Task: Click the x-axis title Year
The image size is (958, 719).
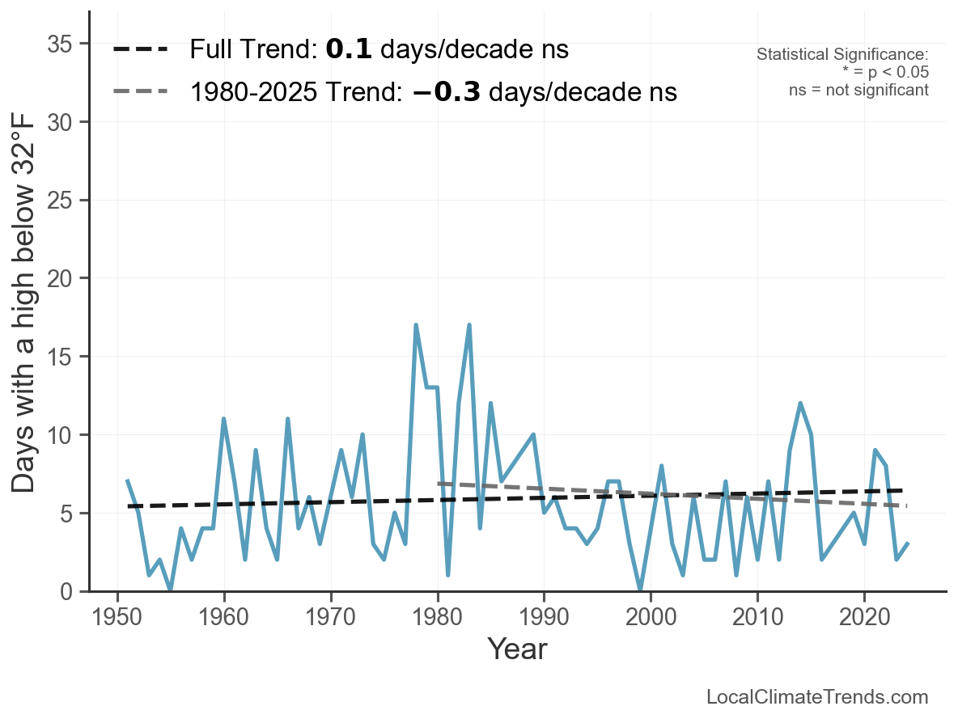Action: (x=517, y=649)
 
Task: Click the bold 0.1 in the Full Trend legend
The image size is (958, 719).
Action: (x=349, y=50)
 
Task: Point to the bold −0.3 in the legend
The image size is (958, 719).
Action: (x=446, y=92)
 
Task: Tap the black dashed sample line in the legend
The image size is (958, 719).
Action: (x=140, y=50)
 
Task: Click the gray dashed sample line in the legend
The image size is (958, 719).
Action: (x=140, y=91)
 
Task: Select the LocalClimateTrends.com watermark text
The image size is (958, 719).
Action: (x=817, y=697)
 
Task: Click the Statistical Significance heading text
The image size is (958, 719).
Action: (x=842, y=55)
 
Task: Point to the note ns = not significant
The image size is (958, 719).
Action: (x=858, y=90)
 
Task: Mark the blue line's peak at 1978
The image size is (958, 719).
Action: (x=416, y=325)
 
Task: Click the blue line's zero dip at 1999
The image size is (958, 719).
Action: (x=640, y=590)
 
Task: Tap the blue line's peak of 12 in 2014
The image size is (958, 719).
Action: (x=800, y=404)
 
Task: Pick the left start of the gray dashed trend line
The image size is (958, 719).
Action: (x=439, y=484)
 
